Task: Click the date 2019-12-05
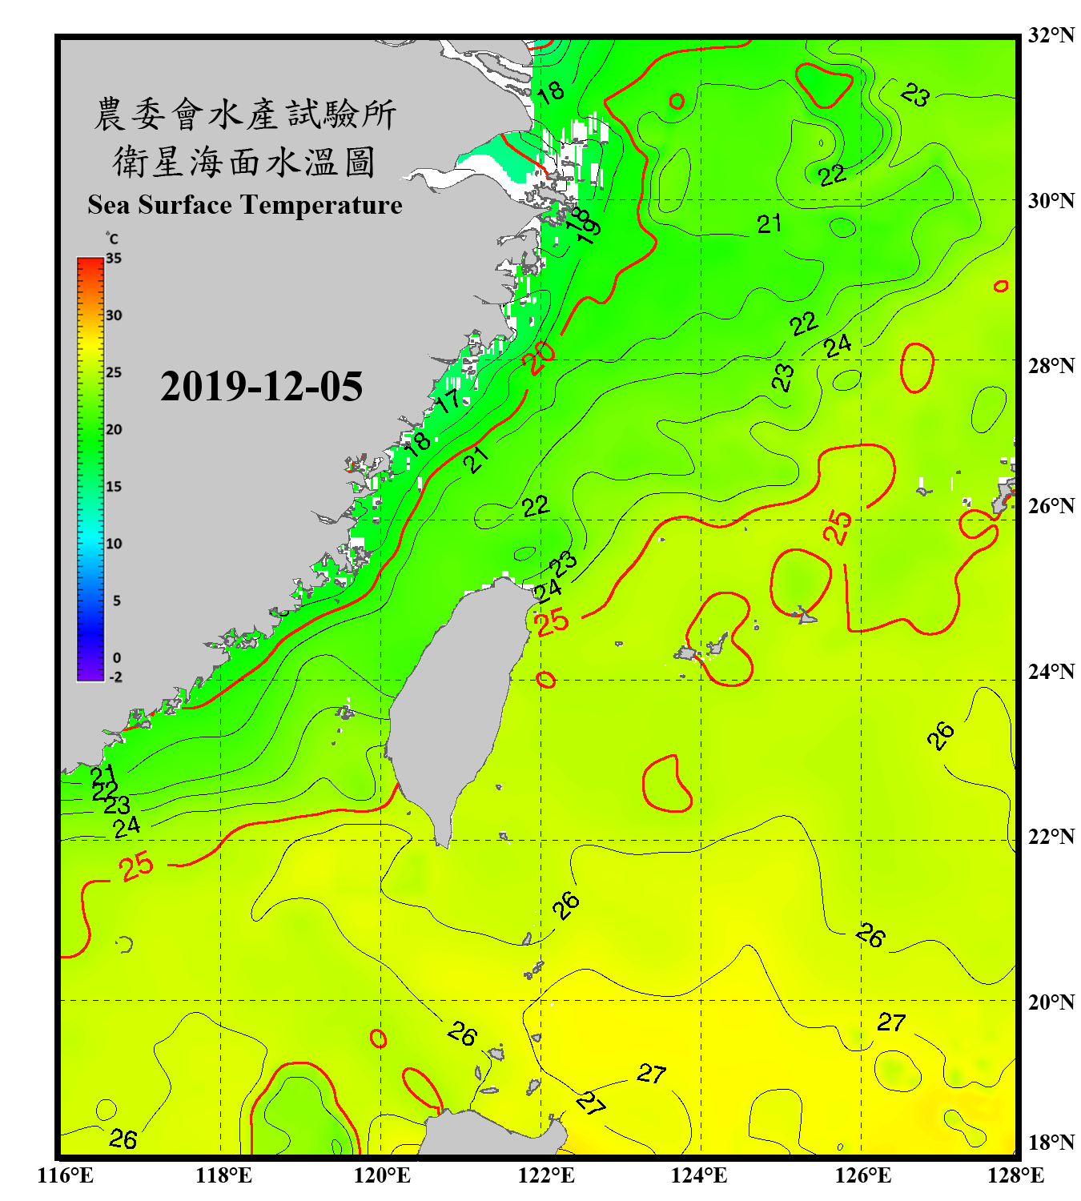(x=261, y=387)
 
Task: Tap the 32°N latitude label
(x=1051, y=35)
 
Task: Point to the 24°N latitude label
(x=1051, y=671)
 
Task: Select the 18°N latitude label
(x=1051, y=1143)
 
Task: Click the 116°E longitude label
(x=66, y=1175)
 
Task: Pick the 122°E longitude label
(x=546, y=1175)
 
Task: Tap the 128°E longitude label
(x=1015, y=1175)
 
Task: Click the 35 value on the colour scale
(x=114, y=259)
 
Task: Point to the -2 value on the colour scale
(x=115, y=677)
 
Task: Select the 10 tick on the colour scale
(x=114, y=544)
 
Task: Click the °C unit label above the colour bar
(x=112, y=239)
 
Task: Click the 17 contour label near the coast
(x=447, y=400)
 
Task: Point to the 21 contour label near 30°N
(x=769, y=224)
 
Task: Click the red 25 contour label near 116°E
(x=136, y=866)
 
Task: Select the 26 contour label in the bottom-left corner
(x=123, y=1139)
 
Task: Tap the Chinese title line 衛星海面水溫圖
(x=244, y=162)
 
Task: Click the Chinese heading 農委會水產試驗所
(x=244, y=114)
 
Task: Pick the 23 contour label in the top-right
(x=914, y=95)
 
